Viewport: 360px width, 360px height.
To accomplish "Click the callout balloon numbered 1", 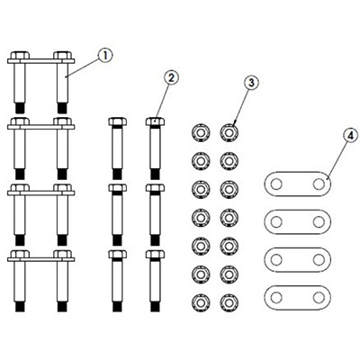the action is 105,56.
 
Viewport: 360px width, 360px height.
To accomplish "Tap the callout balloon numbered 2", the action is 171,78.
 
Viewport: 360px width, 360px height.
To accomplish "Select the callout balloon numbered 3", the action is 251,83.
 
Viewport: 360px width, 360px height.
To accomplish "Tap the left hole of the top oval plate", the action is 276,184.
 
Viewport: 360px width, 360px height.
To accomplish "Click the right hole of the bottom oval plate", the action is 319,298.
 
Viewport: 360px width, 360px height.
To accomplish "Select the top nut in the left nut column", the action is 201,132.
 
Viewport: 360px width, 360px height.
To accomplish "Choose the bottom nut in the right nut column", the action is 229,302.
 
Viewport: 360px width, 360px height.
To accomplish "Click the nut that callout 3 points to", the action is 229,132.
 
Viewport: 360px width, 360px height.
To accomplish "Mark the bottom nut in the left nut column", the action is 201,302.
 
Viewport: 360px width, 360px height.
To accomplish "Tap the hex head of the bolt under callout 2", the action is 155,121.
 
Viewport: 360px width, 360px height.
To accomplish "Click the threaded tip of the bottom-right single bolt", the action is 155,307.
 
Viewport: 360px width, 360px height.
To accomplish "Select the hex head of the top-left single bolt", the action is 117,121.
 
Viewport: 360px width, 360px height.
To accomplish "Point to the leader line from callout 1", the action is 83,67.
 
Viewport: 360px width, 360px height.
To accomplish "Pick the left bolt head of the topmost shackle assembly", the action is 20,55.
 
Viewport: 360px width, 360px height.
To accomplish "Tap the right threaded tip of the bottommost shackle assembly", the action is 62,307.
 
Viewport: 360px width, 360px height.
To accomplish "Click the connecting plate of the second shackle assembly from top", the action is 41,127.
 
